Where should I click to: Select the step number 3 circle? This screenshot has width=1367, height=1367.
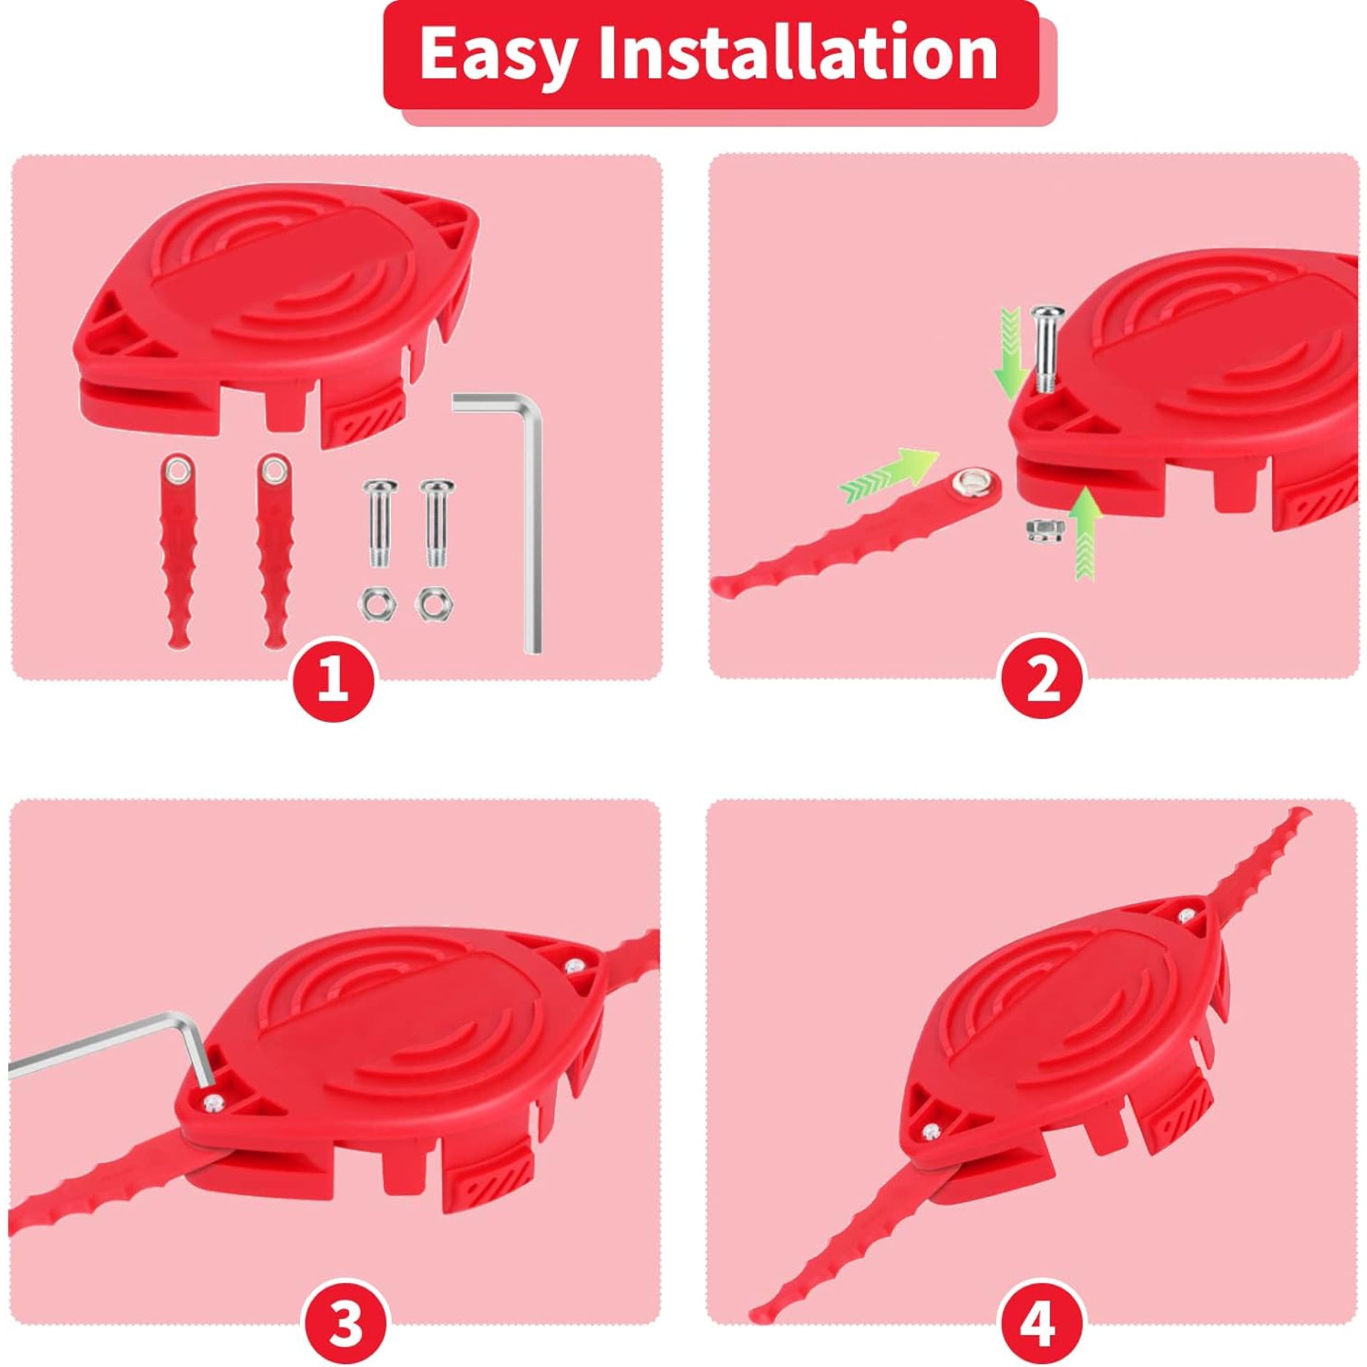pyautogui.click(x=347, y=1301)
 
